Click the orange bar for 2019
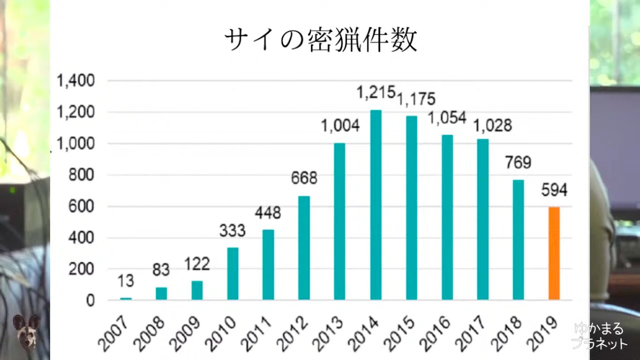[x=554, y=253]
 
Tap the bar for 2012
[x=304, y=248]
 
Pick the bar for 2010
[x=233, y=274]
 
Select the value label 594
[x=554, y=190]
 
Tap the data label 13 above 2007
[x=126, y=281]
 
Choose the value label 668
[x=304, y=179]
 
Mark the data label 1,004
[x=340, y=126]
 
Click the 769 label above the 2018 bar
[x=518, y=163]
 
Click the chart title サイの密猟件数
[x=320, y=40]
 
